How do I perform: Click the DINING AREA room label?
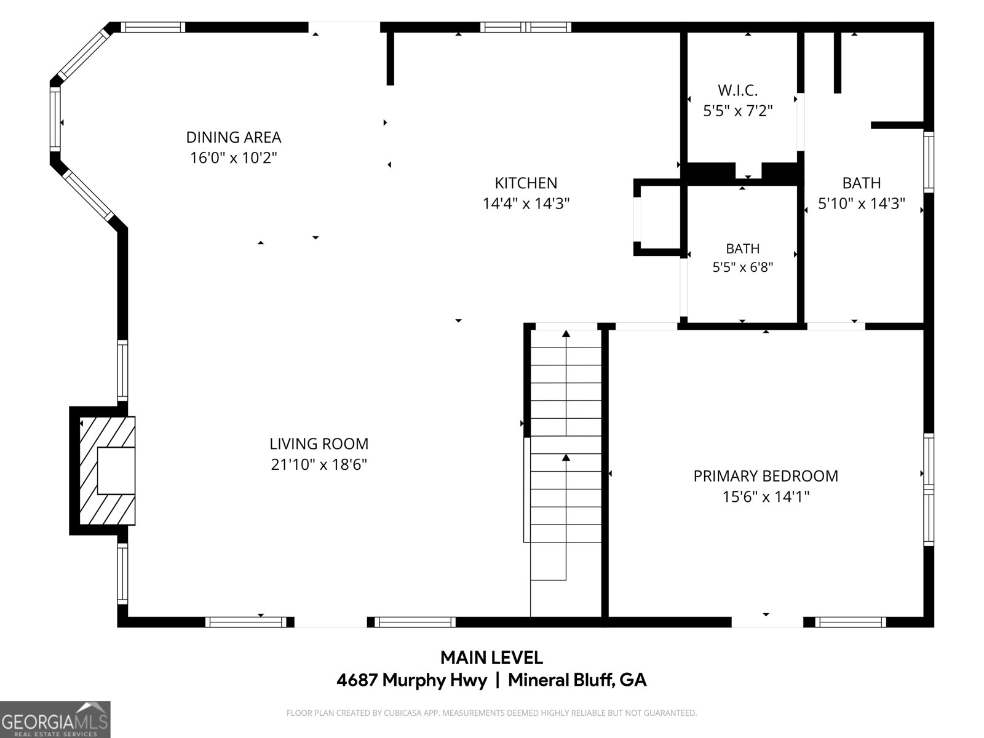(x=234, y=137)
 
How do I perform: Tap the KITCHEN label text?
(x=526, y=183)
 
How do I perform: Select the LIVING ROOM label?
(x=319, y=443)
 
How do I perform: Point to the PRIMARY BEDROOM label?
(x=766, y=476)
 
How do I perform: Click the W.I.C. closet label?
(x=738, y=90)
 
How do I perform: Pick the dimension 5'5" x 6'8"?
(x=743, y=268)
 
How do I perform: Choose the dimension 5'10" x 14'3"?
(x=862, y=204)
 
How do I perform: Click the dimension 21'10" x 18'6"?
(x=319, y=465)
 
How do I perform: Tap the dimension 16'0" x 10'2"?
(x=234, y=157)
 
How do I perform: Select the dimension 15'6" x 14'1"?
(x=766, y=497)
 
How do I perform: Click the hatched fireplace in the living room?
(x=107, y=470)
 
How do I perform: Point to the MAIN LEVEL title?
(x=492, y=658)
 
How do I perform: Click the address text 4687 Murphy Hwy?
(x=411, y=680)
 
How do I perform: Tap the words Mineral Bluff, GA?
(x=577, y=680)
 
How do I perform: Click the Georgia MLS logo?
(x=55, y=719)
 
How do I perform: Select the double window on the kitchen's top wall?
(x=525, y=27)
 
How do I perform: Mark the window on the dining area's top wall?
(x=153, y=27)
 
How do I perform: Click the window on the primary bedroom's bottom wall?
(x=851, y=622)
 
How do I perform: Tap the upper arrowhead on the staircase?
(x=566, y=334)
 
